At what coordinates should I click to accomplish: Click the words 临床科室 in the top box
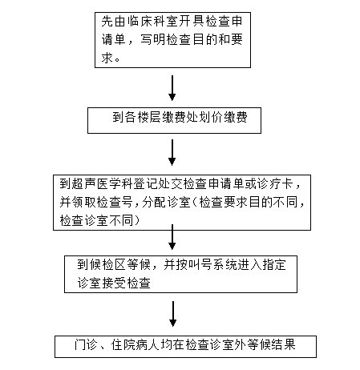(x=152, y=22)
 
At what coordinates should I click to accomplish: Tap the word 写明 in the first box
(x=152, y=40)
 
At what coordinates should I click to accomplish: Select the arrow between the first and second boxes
(x=172, y=88)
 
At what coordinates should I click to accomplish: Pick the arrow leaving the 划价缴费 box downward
(x=172, y=152)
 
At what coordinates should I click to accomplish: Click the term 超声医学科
(x=102, y=184)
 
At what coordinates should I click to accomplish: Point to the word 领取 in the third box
(x=84, y=202)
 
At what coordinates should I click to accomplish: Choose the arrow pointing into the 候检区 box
(x=172, y=237)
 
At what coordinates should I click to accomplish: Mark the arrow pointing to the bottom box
(x=173, y=314)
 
